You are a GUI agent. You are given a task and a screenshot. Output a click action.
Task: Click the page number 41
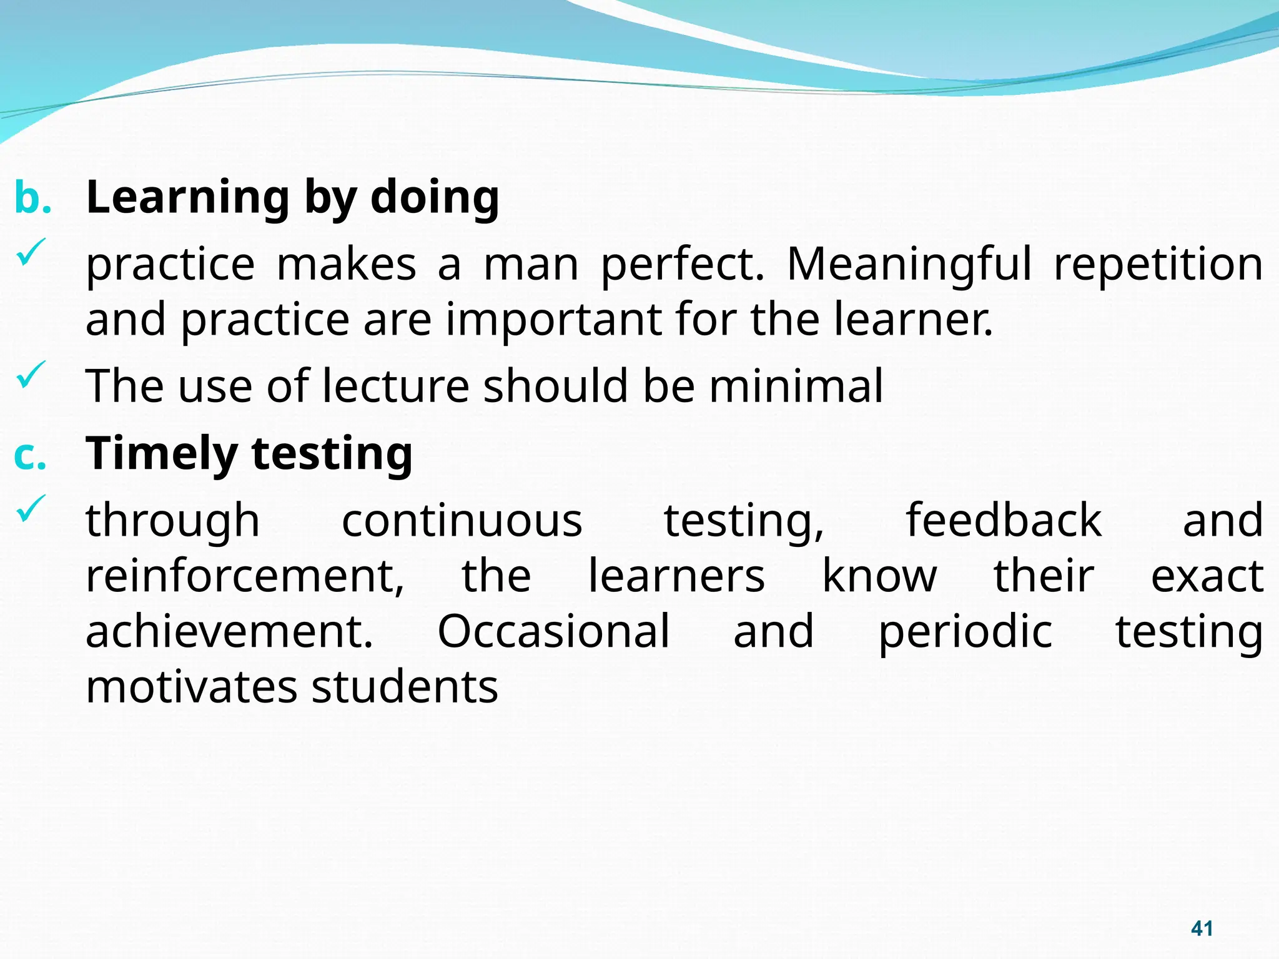click(x=1202, y=928)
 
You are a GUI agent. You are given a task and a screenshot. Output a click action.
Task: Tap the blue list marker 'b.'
click(x=32, y=198)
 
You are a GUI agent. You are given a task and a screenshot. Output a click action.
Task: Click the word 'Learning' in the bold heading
click(x=188, y=198)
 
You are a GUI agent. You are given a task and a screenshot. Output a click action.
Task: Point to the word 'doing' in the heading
click(x=435, y=197)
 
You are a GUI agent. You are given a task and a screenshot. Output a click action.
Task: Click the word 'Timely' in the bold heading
click(x=160, y=454)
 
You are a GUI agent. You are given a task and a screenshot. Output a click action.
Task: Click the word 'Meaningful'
click(x=909, y=265)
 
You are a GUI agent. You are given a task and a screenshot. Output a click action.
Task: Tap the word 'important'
click(x=553, y=319)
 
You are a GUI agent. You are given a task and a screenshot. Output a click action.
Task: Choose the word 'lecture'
click(x=395, y=385)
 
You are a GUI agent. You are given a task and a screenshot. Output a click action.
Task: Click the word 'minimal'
click(x=796, y=385)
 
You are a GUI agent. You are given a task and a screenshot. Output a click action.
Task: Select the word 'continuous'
click(x=462, y=520)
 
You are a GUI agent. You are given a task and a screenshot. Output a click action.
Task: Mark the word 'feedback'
click(x=1004, y=520)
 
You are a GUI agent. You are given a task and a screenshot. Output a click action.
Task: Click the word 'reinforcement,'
click(x=245, y=576)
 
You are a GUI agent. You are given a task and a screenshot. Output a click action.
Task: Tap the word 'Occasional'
click(x=553, y=631)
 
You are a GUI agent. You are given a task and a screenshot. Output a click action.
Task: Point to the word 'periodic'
click(x=965, y=631)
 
